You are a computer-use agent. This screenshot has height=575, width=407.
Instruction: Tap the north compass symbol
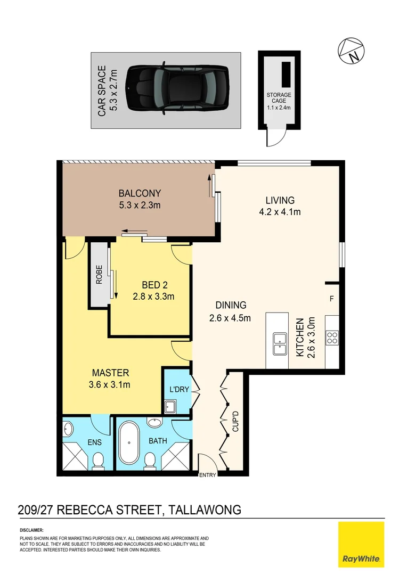coord(351,51)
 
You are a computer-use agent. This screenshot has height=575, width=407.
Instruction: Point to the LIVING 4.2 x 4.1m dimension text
coord(280,212)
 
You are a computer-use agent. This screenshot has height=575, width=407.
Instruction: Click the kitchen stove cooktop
coord(332,337)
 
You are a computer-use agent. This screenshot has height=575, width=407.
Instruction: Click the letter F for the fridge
coord(331,299)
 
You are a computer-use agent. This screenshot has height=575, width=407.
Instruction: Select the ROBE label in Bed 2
coord(99,275)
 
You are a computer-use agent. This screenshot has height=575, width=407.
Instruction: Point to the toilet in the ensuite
coord(98,461)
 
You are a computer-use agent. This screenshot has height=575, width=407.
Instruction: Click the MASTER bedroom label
coord(110,373)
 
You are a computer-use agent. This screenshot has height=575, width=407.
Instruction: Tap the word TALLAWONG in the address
coord(205,510)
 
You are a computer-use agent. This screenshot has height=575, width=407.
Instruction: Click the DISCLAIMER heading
coord(31,531)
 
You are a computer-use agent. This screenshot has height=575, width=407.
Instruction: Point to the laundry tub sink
coord(171,407)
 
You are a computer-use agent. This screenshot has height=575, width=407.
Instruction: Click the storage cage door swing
coord(274,138)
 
